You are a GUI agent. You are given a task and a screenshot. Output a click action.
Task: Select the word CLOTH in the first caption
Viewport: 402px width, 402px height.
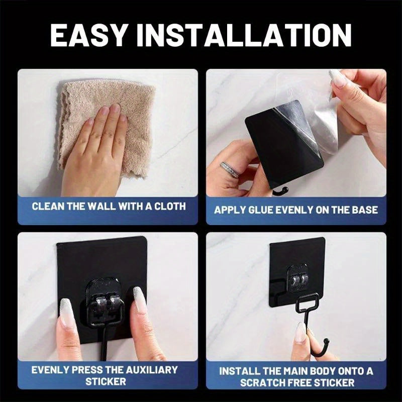coord(168,206)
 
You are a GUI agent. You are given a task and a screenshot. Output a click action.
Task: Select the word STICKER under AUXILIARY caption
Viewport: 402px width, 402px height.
coord(106,382)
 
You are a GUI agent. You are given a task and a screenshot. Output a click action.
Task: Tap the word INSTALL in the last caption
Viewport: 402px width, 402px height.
coord(240,371)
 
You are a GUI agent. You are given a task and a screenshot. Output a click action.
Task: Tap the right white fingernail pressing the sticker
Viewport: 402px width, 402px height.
coord(140,300)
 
